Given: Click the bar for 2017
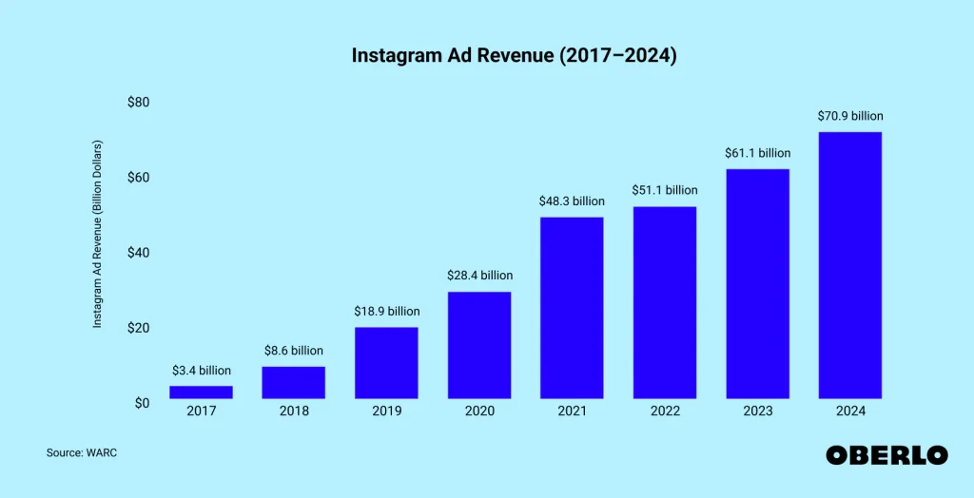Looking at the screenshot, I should [201, 392].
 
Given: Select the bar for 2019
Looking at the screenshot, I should [386, 362].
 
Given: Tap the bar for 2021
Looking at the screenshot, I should [572, 307].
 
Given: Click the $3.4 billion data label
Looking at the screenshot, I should [201, 371].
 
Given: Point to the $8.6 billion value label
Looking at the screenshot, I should [294, 351].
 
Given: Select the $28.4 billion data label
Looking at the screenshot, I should [479, 276].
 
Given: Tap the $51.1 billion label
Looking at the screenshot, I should [664, 190].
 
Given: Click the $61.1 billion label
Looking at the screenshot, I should [757, 153].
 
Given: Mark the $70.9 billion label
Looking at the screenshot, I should [849, 116].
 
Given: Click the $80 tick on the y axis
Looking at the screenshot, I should [138, 102].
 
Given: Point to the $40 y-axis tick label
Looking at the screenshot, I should [138, 253].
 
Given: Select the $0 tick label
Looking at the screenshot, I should [141, 403].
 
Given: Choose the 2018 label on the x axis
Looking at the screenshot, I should [294, 412].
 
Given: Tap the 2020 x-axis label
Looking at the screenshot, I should [479, 412].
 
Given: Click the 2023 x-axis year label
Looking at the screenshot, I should [757, 412].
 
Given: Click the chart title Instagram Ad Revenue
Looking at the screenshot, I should [514, 56].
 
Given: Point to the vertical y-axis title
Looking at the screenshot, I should [97, 235].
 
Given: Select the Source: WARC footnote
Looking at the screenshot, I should [82, 453].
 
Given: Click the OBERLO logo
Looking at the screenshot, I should [886, 455].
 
